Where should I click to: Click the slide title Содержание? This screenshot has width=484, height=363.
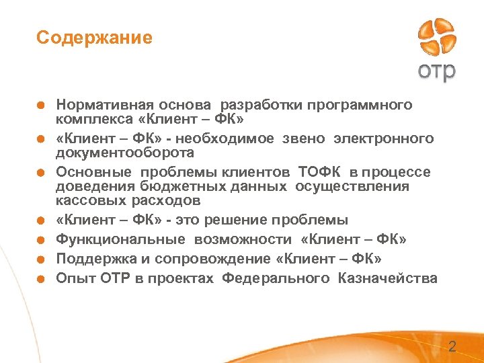(x=94, y=38)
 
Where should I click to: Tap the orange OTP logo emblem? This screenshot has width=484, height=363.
(x=436, y=38)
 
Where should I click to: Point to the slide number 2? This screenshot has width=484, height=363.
(x=452, y=348)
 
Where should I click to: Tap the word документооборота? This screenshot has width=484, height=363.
(x=125, y=153)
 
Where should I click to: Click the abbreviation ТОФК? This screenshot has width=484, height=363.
(x=317, y=171)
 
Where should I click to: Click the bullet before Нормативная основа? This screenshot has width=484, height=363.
(x=41, y=106)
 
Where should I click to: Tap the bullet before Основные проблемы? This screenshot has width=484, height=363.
(x=41, y=172)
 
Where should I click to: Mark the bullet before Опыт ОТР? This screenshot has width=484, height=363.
(x=41, y=279)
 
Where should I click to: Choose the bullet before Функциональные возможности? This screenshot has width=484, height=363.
(x=41, y=240)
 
